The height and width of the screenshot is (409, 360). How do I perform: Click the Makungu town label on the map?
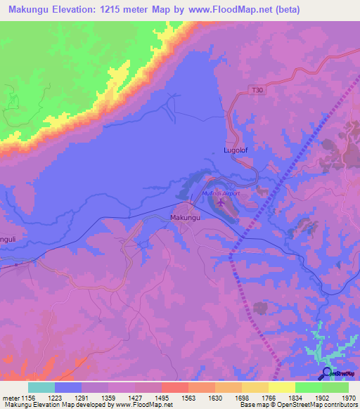click(186, 219)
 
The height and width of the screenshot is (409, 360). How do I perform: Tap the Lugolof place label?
click(236, 150)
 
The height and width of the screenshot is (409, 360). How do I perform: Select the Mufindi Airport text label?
click(221, 193)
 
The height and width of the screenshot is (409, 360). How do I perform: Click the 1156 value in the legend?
click(29, 397)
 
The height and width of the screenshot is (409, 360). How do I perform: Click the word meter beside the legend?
click(10, 397)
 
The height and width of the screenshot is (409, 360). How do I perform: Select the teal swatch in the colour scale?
click(41, 387)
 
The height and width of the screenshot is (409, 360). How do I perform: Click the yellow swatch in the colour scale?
click(281, 387)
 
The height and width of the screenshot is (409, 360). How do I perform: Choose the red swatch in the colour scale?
click(174, 387)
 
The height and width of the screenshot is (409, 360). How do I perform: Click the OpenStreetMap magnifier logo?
click(326, 373)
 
